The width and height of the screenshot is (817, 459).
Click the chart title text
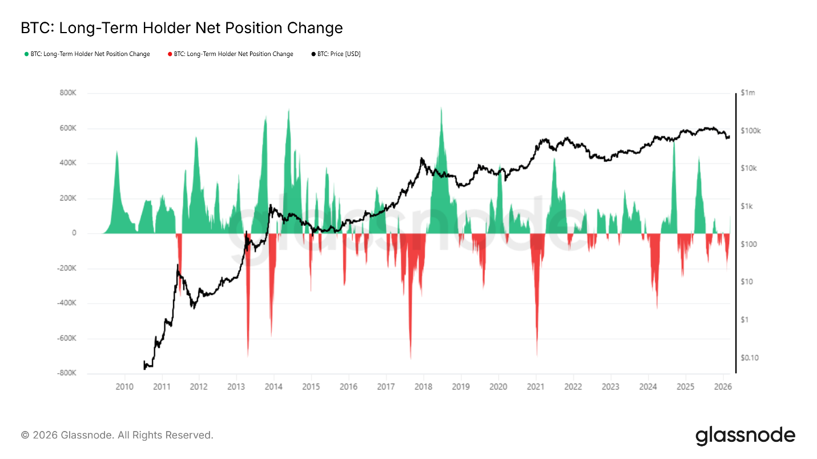[182, 28]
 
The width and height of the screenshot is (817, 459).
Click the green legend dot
[26, 54]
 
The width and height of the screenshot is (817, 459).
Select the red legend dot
[170, 54]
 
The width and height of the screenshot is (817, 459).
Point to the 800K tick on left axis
[67, 93]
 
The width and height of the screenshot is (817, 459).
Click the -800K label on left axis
[66, 373]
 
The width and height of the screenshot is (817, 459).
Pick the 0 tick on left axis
[74, 233]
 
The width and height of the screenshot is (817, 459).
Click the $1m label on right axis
[747, 93]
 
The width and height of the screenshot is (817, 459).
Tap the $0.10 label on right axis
[750, 358]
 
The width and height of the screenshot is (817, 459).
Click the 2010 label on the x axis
[124, 386]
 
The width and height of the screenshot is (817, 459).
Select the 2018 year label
[424, 386]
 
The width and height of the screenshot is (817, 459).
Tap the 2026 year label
[722, 386]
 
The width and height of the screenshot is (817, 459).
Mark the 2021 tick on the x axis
[536, 386]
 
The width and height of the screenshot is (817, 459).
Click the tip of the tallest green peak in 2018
[441, 107]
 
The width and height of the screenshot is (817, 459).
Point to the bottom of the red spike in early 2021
[537, 355]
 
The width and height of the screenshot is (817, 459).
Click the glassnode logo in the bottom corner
[745, 436]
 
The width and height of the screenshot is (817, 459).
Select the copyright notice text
[117, 436]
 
